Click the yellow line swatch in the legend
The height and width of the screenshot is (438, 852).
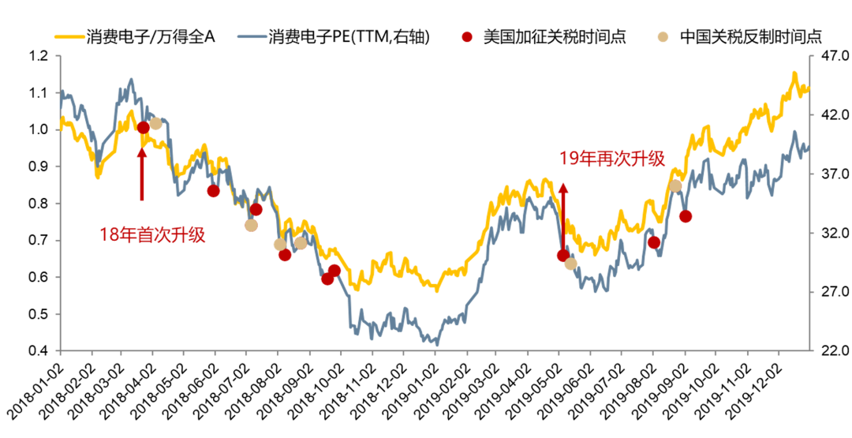pyautogui.click(x=69, y=36)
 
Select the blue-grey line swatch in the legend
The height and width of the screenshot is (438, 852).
pyautogui.click(x=252, y=36)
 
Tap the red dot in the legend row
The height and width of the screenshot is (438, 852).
pyautogui.click(x=467, y=36)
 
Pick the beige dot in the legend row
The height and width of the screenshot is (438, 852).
pyautogui.click(x=663, y=36)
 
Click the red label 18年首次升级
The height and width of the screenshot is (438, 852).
pyautogui.click(x=152, y=234)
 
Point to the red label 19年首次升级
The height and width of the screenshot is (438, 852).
pyautogui.click(x=612, y=159)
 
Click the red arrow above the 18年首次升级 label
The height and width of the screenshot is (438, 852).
pyautogui.click(x=142, y=174)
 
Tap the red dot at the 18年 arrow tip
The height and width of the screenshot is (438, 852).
pyautogui.click(x=143, y=127)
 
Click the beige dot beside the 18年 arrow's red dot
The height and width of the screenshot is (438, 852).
pyautogui.click(x=155, y=123)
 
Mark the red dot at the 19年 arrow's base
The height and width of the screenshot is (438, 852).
pyautogui.click(x=563, y=256)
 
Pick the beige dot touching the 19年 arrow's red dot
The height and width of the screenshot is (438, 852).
pyautogui.click(x=570, y=264)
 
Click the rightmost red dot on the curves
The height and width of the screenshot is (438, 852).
pyautogui.click(x=685, y=216)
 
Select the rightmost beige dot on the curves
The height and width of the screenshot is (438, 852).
pyautogui.click(x=675, y=185)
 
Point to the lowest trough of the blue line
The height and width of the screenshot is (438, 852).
pyautogui.click(x=436, y=344)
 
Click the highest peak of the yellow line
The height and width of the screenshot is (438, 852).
pyautogui.click(x=793, y=73)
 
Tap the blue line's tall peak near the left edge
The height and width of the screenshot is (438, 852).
pyautogui.click(x=131, y=80)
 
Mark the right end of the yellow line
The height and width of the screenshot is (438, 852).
pyautogui.click(x=808, y=88)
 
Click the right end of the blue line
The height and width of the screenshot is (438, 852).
pyautogui.click(x=807, y=147)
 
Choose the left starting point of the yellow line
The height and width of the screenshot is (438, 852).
pyautogui.click(x=61, y=125)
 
